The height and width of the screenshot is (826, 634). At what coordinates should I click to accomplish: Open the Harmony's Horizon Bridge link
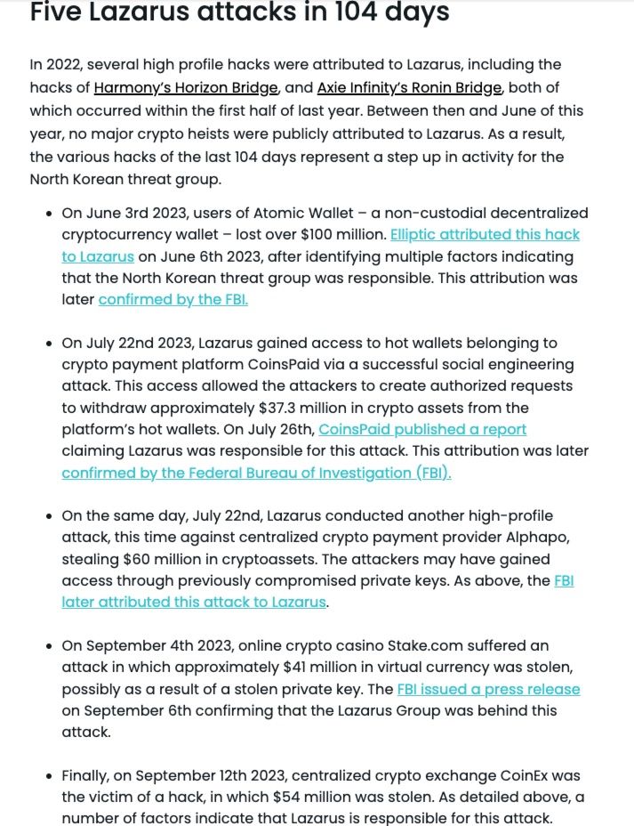pos(187,87)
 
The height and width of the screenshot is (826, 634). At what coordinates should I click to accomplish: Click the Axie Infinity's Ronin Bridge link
pos(410,87)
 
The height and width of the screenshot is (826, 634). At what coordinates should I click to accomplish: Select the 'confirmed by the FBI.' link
pos(173,299)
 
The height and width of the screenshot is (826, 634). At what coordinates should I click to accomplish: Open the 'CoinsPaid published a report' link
pos(422,429)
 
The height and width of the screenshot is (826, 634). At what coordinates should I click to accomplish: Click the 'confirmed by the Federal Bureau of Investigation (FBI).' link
pos(256,473)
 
